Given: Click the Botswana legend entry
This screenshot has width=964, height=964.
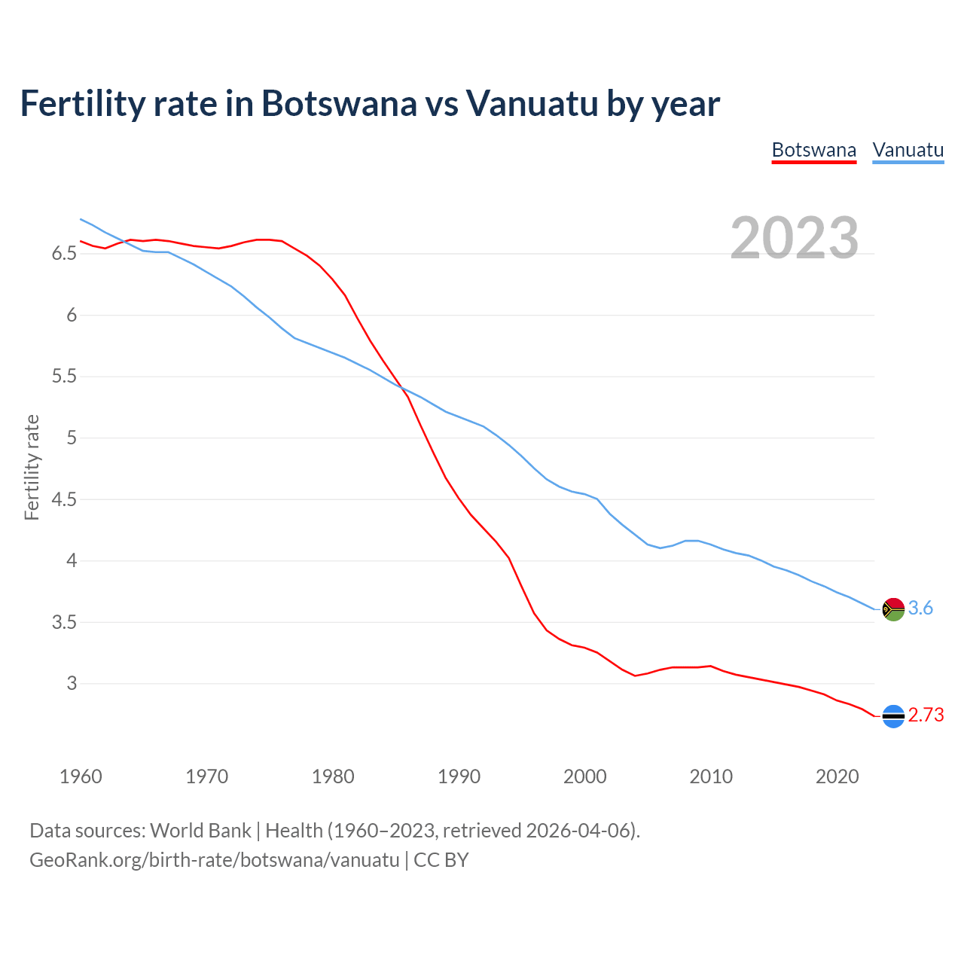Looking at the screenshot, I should (x=814, y=150).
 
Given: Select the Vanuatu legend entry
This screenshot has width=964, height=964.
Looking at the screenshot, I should (x=908, y=150).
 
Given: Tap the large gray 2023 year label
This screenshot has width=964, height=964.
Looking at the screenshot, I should (x=795, y=238).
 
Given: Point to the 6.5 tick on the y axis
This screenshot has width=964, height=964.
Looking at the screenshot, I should (x=64, y=254).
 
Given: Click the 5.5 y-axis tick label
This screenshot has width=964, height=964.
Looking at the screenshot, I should (x=64, y=377).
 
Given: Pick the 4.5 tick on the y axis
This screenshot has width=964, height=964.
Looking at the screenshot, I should (x=64, y=499).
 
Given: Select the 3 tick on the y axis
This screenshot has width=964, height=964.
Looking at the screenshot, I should (x=72, y=684).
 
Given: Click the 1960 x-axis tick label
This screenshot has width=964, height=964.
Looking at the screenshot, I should (x=81, y=776).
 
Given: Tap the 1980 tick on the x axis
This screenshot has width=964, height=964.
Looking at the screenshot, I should (x=333, y=776).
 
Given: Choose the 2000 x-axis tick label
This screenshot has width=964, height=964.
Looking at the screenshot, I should (x=584, y=776).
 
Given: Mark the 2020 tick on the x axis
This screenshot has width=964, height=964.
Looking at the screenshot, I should (x=837, y=776).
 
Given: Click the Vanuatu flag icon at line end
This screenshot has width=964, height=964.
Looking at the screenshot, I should (x=893, y=609).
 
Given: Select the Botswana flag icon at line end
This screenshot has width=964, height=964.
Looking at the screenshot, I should (x=893, y=716).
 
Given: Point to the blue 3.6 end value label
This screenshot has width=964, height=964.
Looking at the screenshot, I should (x=920, y=609).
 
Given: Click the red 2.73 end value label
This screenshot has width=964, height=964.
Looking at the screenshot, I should (x=926, y=715).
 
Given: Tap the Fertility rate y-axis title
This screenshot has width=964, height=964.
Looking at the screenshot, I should (x=32, y=467).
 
